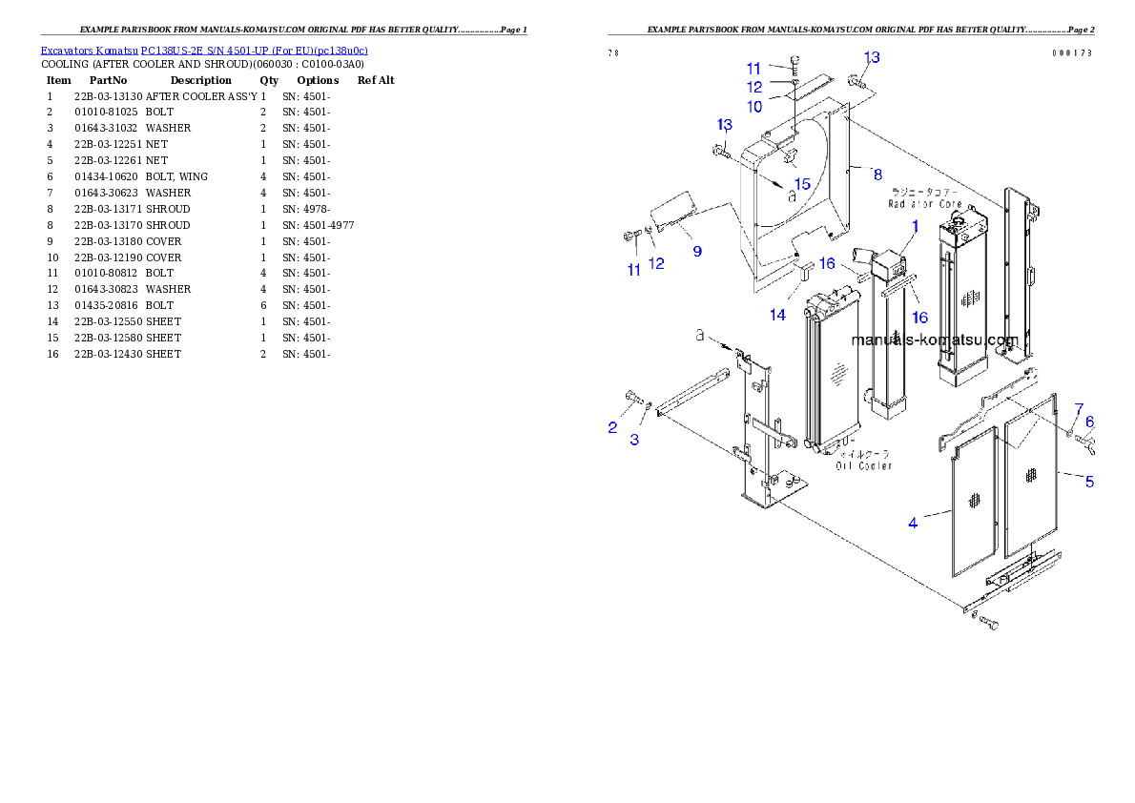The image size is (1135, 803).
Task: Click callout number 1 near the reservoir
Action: pyautogui.click(x=914, y=226)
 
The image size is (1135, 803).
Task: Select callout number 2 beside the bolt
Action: pyautogui.click(x=612, y=427)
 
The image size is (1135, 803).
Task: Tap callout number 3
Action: pyautogui.click(x=634, y=439)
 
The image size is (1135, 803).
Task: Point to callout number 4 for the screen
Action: pyautogui.click(x=913, y=523)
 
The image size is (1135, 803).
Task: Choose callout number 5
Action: pyautogui.click(x=1089, y=482)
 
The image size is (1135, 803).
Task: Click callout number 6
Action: pyautogui.click(x=1089, y=421)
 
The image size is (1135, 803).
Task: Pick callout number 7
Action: pyautogui.click(x=1079, y=408)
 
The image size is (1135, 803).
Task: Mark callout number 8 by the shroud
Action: pyautogui.click(x=877, y=174)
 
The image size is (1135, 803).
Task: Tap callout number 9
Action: pyautogui.click(x=697, y=251)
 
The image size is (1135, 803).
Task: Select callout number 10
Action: pyautogui.click(x=754, y=107)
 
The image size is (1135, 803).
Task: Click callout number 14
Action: pyautogui.click(x=778, y=314)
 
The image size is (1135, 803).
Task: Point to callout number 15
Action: pyautogui.click(x=802, y=183)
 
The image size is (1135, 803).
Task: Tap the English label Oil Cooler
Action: pyautogui.click(x=864, y=465)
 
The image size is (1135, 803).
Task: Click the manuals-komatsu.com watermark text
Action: pyautogui.click(x=935, y=340)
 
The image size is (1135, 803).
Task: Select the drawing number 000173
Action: pyautogui.click(x=1072, y=53)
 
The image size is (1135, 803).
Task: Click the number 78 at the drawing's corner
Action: pyautogui.click(x=613, y=53)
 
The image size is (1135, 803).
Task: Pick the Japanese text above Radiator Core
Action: pyautogui.click(x=923, y=193)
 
